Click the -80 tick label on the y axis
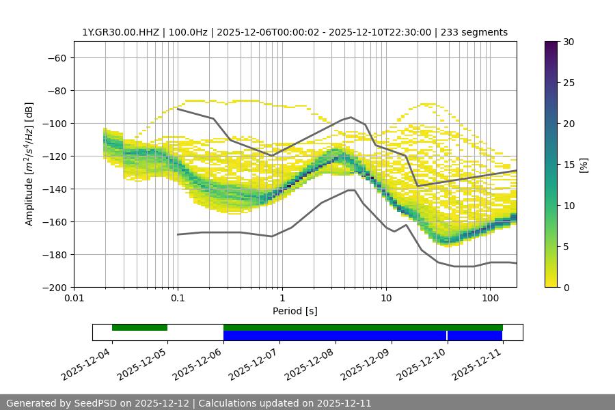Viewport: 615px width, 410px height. tap(55, 91)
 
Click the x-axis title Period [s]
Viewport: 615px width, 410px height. tap(295, 311)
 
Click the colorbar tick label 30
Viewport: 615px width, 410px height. tap(569, 42)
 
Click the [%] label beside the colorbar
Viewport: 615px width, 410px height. tap(584, 165)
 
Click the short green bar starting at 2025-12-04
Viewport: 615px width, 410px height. tap(139, 327)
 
